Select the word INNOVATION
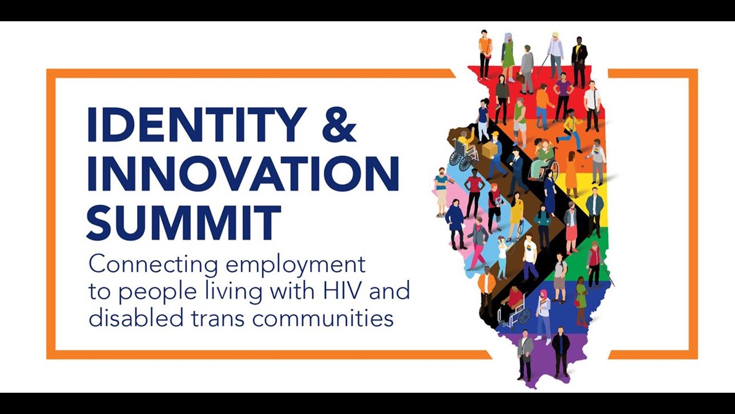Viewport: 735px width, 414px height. [243, 173]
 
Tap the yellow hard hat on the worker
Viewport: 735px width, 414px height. [495, 135]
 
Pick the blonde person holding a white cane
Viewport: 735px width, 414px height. [555, 55]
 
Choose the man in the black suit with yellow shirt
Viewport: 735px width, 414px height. [579, 60]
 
